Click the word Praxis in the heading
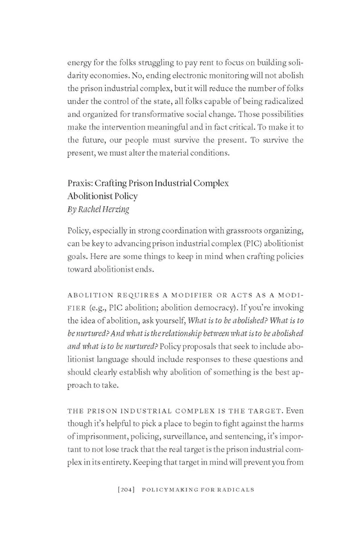(x=78, y=184)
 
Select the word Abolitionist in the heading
(x=88, y=196)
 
